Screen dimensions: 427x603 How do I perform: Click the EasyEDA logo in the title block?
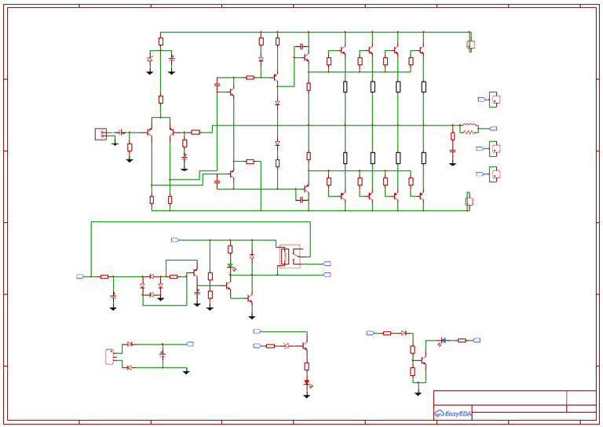(452, 413)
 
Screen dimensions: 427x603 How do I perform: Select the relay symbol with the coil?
(289, 255)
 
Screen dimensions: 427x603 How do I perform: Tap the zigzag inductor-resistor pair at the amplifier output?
(469, 128)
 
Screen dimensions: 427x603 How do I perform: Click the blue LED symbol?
(443, 340)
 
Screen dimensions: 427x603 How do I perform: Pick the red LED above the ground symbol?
(307, 383)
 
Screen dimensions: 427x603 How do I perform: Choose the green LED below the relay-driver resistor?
(230, 266)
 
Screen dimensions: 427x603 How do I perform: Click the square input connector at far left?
(100, 133)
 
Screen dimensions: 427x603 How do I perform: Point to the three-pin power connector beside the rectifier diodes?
(109, 356)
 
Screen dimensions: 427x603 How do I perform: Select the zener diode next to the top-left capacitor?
(150, 59)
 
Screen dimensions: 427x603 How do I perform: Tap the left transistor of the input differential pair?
(150, 132)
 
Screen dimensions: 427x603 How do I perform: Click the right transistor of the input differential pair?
(171, 132)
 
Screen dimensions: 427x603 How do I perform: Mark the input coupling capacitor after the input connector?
(121, 132)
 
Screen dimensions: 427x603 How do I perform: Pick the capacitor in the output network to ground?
(452, 150)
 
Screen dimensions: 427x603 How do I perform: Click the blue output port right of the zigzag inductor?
(493, 128)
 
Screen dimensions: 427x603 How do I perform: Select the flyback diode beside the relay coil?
(252, 257)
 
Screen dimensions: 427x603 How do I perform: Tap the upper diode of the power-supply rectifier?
(130, 344)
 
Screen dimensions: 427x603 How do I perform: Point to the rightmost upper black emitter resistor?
(423, 86)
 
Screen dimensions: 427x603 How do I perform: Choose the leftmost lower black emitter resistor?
(345, 158)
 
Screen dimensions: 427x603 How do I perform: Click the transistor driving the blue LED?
(422, 360)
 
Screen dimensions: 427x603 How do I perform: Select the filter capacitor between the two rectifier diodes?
(162, 355)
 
